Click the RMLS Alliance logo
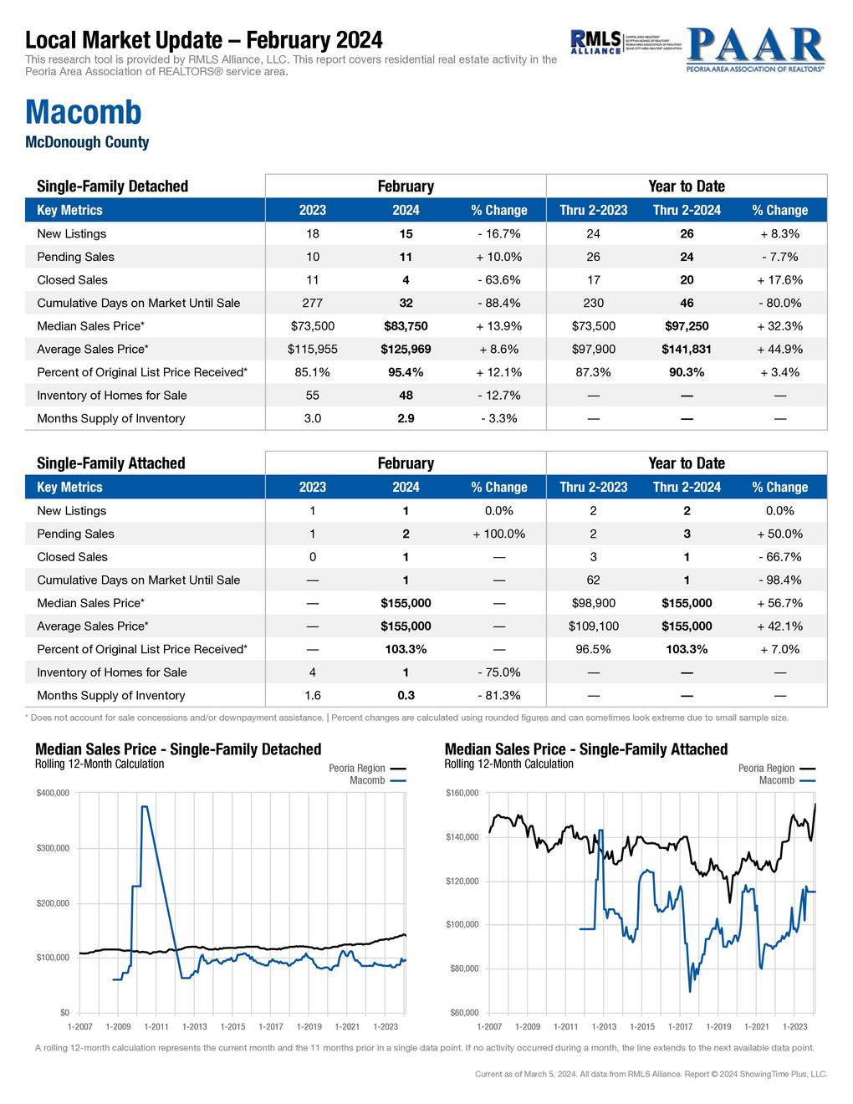[x=595, y=42]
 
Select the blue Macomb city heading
[x=84, y=112]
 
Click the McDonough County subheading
[x=87, y=142]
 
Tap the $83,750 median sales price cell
[x=406, y=326]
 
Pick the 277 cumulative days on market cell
[x=312, y=303]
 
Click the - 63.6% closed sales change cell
[x=498, y=280]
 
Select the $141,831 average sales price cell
[x=687, y=349]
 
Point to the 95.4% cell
[x=406, y=372]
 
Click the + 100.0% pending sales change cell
[x=498, y=534]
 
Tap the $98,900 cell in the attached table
[x=593, y=603]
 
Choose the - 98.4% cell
[x=779, y=580]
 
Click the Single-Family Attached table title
[x=111, y=463]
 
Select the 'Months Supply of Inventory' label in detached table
[x=111, y=418]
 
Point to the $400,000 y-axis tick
[x=53, y=793]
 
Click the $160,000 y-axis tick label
[x=462, y=793]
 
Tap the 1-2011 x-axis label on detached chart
[x=156, y=1026]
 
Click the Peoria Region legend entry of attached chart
[x=767, y=768]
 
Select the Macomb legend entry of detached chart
[x=367, y=780]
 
